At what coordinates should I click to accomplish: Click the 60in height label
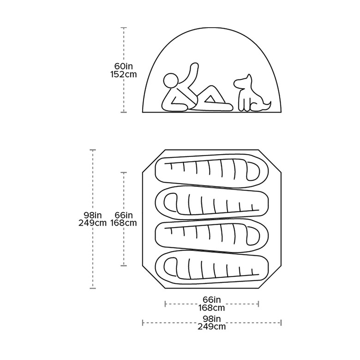pyautogui.click(x=124, y=66)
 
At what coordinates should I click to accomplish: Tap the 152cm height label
pyautogui.click(x=124, y=74)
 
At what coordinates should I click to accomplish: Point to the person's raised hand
pyautogui.click(x=194, y=66)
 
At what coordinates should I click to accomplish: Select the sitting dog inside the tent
pyautogui.click(x=252, y=93)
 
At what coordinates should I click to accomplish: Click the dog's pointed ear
pyautogui.click(x=249, y=77)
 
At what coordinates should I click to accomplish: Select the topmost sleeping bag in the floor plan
pyautogui.click(x=212, y=170)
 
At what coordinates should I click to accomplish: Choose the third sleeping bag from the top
pyautogui.click(x=212, y=235)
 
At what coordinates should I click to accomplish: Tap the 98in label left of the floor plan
pyautogui.click(x=92, y=215)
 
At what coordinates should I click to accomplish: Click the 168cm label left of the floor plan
pyautogui.click(x=124, y=223)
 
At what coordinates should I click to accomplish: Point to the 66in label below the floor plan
pyautogui.click(x=212, y=300)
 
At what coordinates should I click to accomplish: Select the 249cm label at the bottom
pyautogui.click(x=212, y=326)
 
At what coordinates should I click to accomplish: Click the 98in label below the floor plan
pyautogui.click(x=212, y=318)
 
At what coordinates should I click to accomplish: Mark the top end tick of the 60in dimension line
pyautogui.click(x=124, y=28)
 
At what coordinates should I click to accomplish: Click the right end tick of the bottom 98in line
pyautogui.click(x=281, y=323)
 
